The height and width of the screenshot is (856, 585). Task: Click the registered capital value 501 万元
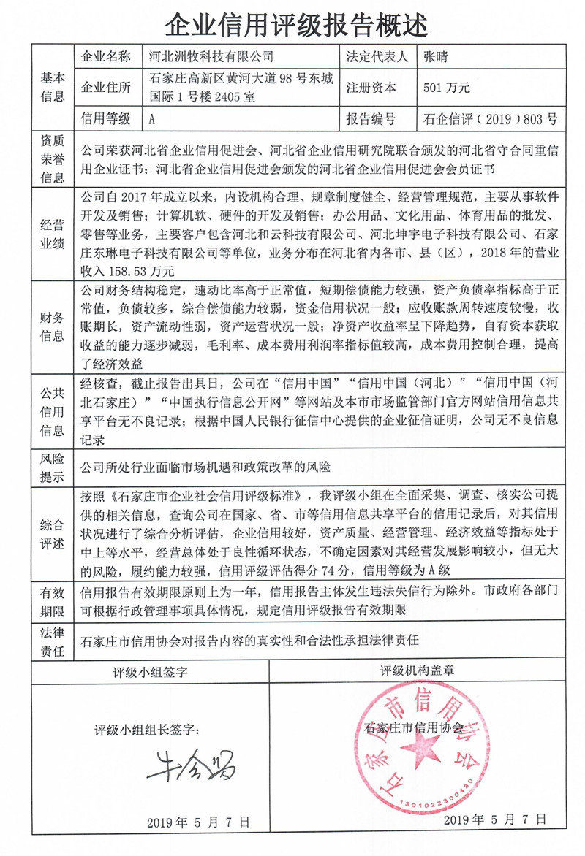[447, 88]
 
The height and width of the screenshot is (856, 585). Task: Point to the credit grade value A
[152, 118]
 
